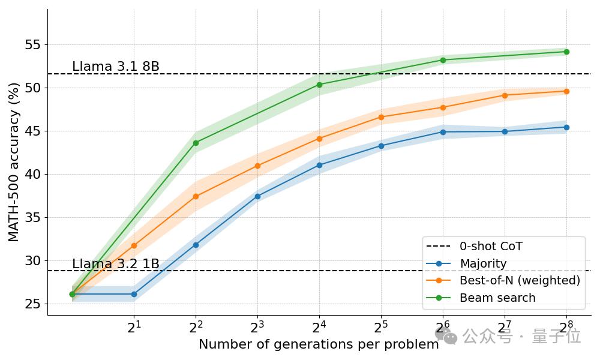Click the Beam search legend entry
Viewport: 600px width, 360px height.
(x=497, y=298)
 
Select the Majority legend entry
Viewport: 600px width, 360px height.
(x=483, y=263)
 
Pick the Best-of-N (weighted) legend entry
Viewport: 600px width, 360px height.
(x=520, y=280)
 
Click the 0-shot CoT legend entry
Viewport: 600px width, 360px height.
(x=491, y=246)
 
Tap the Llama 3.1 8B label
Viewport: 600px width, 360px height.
(x=116, y=67)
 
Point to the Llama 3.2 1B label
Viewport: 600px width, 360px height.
(x=116, y=264)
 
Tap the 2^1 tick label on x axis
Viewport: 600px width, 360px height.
(x=134, y=328)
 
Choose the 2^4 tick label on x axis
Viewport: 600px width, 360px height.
(x=319, y=328)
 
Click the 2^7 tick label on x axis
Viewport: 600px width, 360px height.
(x=505, y=328)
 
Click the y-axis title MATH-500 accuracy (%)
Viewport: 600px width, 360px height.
(x=14, y=162)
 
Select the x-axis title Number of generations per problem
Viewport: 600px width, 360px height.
(x=319, y=344)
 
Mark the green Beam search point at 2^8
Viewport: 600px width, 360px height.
(x=566, y=52)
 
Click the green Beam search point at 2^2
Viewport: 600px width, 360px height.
(x=196, y=143)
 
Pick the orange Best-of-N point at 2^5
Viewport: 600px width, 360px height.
(x=381, y=117)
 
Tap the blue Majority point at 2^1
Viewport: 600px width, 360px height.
(x=134, y=294)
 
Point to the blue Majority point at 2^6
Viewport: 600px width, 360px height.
(x=443, y=132)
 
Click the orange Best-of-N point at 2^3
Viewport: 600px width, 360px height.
(x=257, y=166)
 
